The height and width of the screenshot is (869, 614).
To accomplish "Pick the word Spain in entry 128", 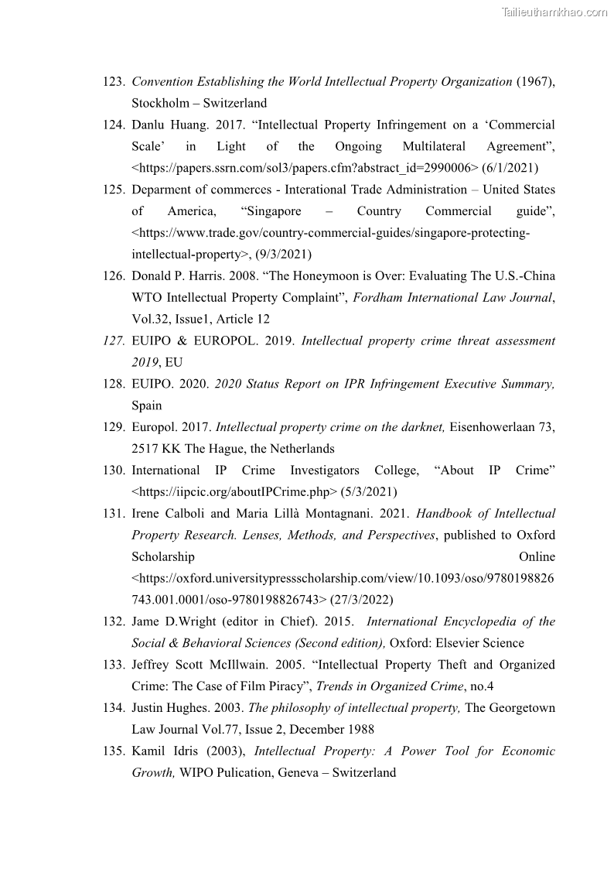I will [147, 405].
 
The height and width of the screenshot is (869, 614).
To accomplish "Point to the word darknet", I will [421, 426].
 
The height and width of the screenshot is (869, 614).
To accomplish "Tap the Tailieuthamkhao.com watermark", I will [554, 12].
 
